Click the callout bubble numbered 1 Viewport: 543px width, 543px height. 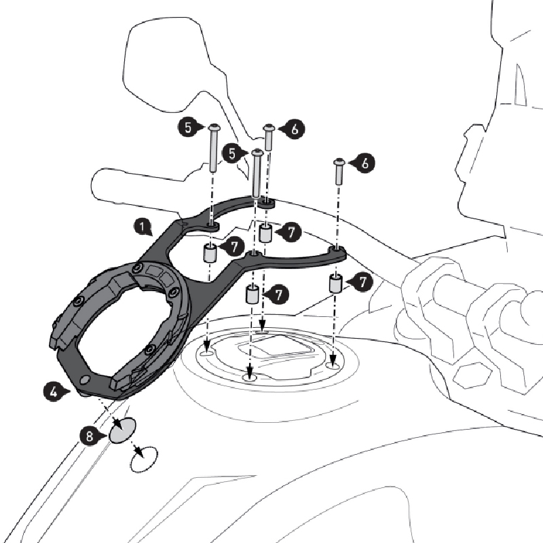click(143, 228)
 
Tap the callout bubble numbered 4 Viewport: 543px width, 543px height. click(54, 392)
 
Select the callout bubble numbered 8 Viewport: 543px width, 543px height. click(90, 436)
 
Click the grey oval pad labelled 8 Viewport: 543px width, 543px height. click(123, 430)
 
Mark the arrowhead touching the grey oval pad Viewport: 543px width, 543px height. click(118, 424)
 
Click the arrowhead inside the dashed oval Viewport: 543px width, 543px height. click(139, 451)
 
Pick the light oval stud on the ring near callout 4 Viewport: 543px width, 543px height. click(84, 380)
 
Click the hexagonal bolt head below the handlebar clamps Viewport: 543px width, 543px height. click(472, 377)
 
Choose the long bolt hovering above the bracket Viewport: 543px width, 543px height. click(213, 147)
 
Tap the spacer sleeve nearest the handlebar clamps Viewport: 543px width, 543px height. click(335, 284)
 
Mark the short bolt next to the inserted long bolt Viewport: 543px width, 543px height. click(269, 138)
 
